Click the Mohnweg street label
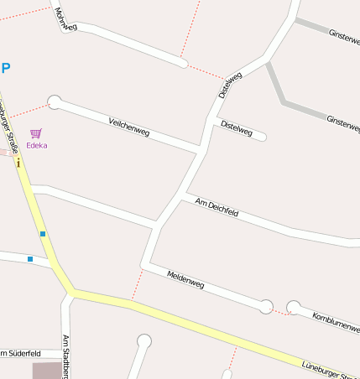[65, 20]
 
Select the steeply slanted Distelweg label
[230, 85]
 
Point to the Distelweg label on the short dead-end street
[236, 127]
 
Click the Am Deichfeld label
[217, 207]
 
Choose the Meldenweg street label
[185, 280]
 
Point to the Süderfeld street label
[15, 352]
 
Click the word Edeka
[37, 145]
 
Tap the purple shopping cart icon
[36, 133]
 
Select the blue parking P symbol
[6, 69]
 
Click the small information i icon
[18, 163]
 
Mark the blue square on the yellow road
[42, 234]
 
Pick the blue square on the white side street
[30, 259]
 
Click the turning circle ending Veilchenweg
[55, 102]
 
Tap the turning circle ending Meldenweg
[266, 306]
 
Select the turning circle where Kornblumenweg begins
[293, 307]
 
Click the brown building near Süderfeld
[48, 370]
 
